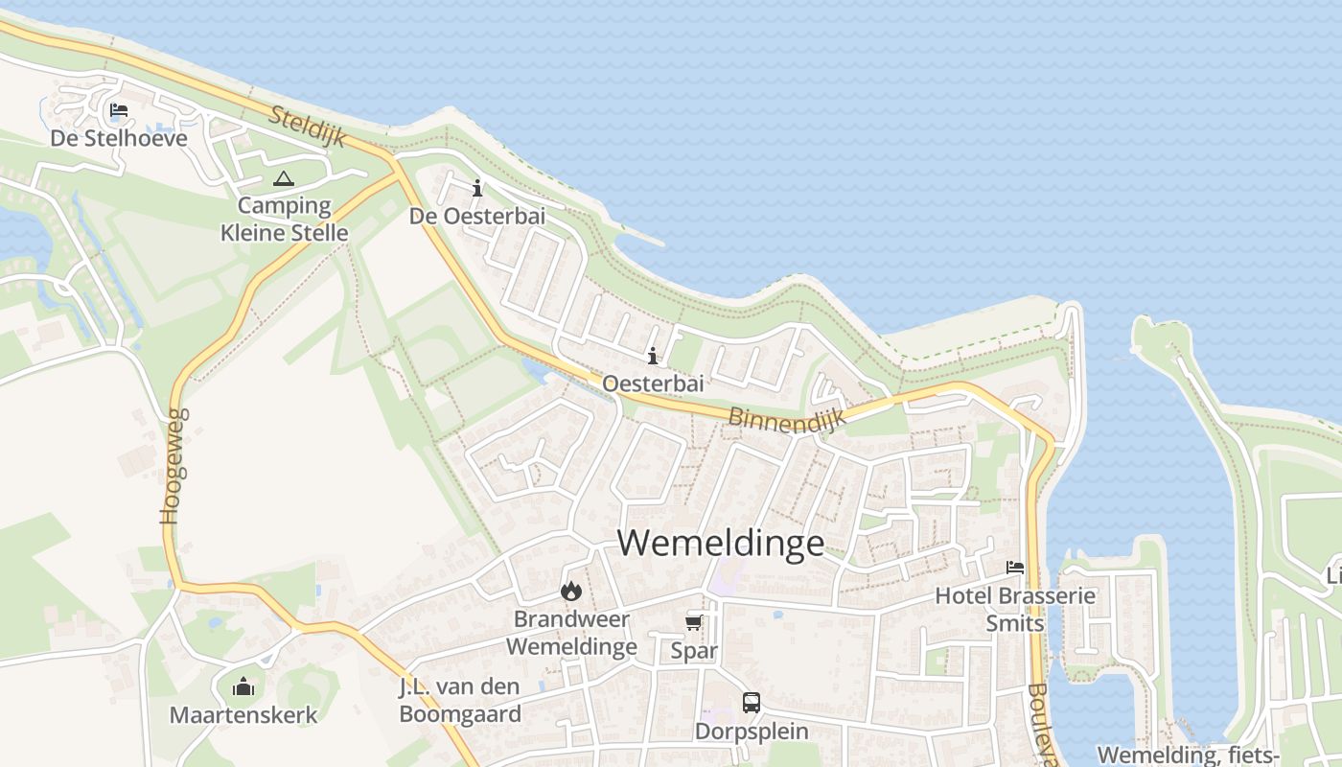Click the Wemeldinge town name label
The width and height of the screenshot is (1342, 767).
[721, 543]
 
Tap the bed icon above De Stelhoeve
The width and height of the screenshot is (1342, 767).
[119, 110]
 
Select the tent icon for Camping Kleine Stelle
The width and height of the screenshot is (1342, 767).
[283, 178]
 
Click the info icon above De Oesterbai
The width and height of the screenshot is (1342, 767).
[477, 188]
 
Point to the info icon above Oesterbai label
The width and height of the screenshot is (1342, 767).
[653, 357]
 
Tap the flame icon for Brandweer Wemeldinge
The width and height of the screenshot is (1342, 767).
[571, 592]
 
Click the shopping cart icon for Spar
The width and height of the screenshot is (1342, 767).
[693, 623]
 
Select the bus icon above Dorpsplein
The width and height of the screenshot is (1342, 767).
[752, 703]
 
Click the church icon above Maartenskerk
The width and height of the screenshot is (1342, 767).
[243, 686]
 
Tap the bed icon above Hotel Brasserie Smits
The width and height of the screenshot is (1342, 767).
[1015, 568]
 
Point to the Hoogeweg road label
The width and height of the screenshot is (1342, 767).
[172, 467]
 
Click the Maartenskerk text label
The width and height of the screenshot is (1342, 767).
[243, 715]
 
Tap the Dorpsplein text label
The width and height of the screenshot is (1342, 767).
[752, 732]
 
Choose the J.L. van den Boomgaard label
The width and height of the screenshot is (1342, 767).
[460, 701]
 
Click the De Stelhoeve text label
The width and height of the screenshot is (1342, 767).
[119, 138]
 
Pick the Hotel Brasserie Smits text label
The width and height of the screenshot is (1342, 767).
[1015, 610]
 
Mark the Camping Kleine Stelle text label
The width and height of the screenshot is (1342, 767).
[284, 219]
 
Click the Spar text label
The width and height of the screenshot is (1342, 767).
[694, 652]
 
